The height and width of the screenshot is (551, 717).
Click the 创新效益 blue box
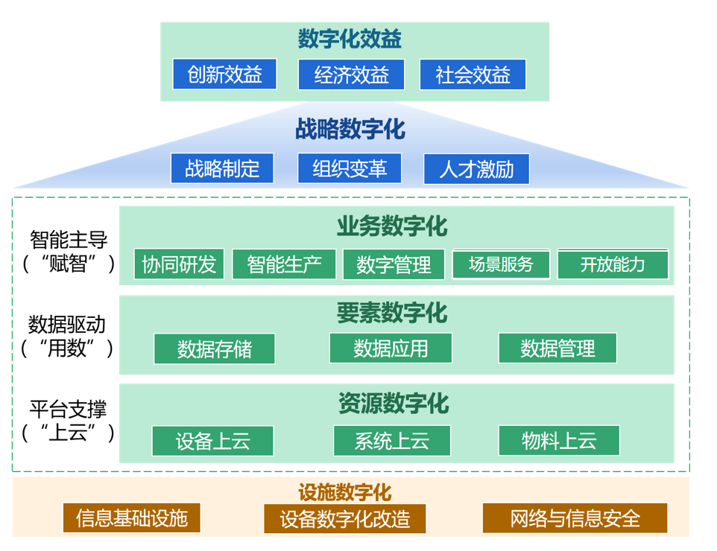coord(224,75)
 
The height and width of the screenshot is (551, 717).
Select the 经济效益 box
coord(351,75)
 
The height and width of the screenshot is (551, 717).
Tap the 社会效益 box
coord(473,75)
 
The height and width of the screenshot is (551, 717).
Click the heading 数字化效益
coord(350,39)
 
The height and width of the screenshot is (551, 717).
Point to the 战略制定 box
coord(222,168)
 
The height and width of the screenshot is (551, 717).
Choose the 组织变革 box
coord(350,168)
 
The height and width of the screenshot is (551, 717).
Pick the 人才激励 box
coord(477,169)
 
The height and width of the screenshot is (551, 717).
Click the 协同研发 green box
coord(179,264)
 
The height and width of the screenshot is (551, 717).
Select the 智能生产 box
coord(284,264)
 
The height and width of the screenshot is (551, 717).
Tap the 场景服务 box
coord(501,264)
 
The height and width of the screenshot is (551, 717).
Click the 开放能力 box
coord(613,264)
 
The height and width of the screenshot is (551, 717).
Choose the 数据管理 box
coord(558,348)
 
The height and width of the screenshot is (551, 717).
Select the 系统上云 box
coord(392,441)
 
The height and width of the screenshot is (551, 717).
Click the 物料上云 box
coord(559,441)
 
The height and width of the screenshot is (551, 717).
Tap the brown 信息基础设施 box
coord(132,518)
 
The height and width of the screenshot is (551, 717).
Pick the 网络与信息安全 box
coord(575,518)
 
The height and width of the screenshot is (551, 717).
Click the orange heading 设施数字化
coord(344,492)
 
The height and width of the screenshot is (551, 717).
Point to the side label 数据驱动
coord(67,325)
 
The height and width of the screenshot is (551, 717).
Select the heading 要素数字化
coord(392,313)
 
